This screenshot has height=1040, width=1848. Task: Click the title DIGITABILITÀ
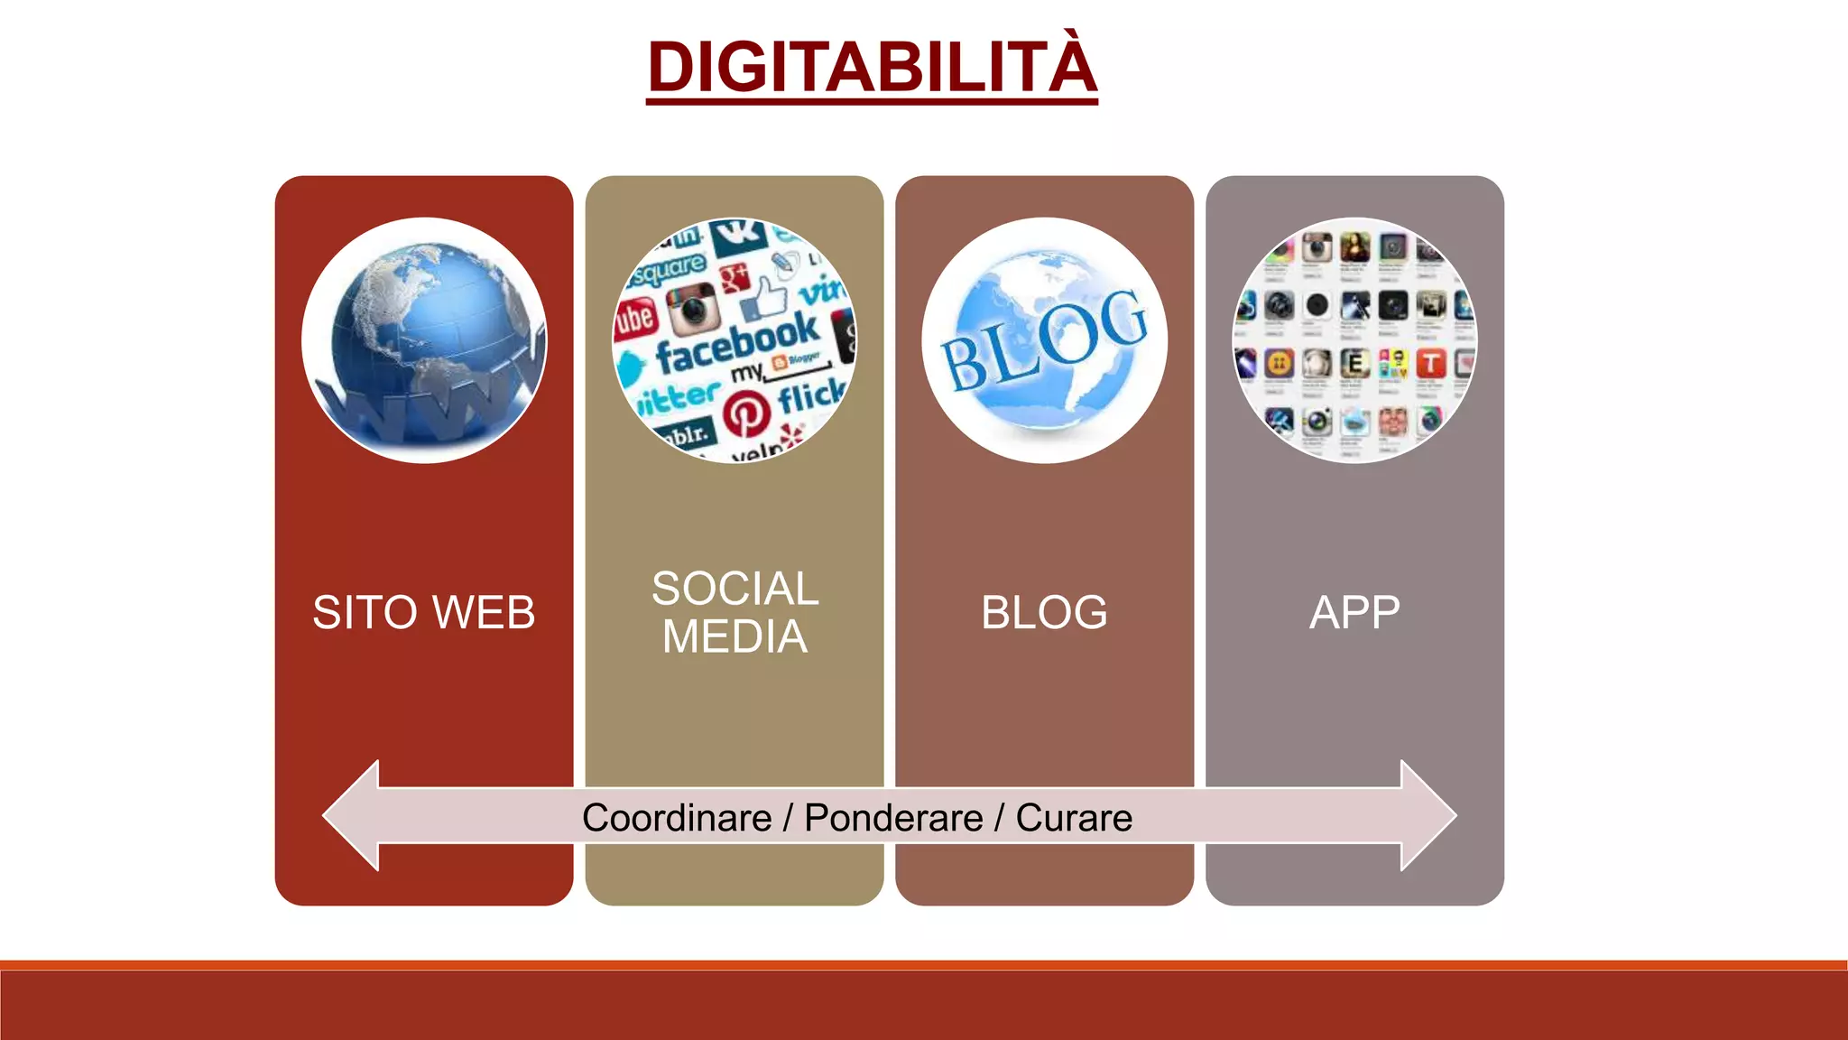pyautogui.click(x=872, y=67)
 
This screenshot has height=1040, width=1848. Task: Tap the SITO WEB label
pyautogui.click(x=423, y=612)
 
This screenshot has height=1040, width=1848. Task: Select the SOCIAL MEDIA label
pyautogui.click(x=735, y=612)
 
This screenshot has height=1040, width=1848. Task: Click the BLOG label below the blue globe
pyautogui.click(x=1044, y=612)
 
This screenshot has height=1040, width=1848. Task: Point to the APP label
pyautogui.click(x=1354, y=612)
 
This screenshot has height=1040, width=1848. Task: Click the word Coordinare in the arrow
pyautogui.click(x=677, y=818)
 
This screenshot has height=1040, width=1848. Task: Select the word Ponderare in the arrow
pyautogui.click(x=893, y=818)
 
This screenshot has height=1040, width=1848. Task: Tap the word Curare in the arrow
pyautogui.click(x=1074, y=818)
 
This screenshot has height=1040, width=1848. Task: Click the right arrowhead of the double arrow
pyautogui.click(x=1426, y=815)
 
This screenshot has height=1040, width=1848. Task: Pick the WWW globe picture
pyautogui.click(x=424, y=340)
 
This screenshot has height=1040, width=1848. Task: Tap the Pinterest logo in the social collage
pyautogui.click(x=746, y=413)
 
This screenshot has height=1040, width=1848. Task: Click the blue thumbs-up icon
pyautogui.click(x=767, y=295)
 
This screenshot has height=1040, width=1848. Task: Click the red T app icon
pyautogui.click(x=1430, y=364)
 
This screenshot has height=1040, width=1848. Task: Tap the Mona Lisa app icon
pyautogui.click(x=1354, y=247)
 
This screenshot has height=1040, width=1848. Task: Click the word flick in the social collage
pyautogui.click(x=810, y=395)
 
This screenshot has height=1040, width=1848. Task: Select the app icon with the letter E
pyautogui.click(x=1354, y=364)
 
